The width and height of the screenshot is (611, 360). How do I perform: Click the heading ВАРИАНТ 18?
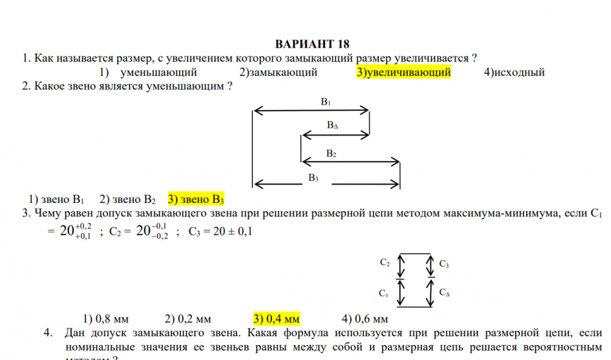(x=312, y=44)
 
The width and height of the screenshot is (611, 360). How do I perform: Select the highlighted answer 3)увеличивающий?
(x=404, y=72)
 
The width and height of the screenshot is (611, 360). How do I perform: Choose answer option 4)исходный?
(x=514, y=72)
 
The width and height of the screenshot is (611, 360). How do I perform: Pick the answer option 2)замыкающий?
(x=278, y=72)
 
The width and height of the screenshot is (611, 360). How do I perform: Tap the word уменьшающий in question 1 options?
(x=159, y=72)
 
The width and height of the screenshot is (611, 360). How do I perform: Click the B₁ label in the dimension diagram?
(x=326, y=101)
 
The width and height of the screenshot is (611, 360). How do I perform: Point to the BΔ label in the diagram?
(x=332, y=125)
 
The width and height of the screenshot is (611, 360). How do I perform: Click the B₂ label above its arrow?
(x=331, y=153)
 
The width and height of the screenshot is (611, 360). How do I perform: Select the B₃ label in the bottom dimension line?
(x=313, y=178)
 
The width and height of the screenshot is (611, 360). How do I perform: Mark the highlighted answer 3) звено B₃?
(x=196, y=199)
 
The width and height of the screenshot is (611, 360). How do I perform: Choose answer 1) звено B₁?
(x=56, y=199)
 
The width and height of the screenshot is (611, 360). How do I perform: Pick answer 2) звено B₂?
(x=128, y=199)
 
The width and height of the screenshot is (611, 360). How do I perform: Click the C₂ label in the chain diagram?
(x=384, y=263)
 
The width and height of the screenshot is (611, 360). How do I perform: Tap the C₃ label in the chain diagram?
(x=444, y=264)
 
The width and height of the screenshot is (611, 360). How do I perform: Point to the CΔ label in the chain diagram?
(x=445, y=292)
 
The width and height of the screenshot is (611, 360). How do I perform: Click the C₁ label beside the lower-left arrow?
(x=384, y=293)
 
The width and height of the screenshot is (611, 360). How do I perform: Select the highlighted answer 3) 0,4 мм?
(x=277, y=318)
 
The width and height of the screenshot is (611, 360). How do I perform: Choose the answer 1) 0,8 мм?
(x=106, y=318)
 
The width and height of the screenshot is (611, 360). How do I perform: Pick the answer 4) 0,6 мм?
(x=365, y=318)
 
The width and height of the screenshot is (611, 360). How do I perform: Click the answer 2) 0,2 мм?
(x=188, y=318)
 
